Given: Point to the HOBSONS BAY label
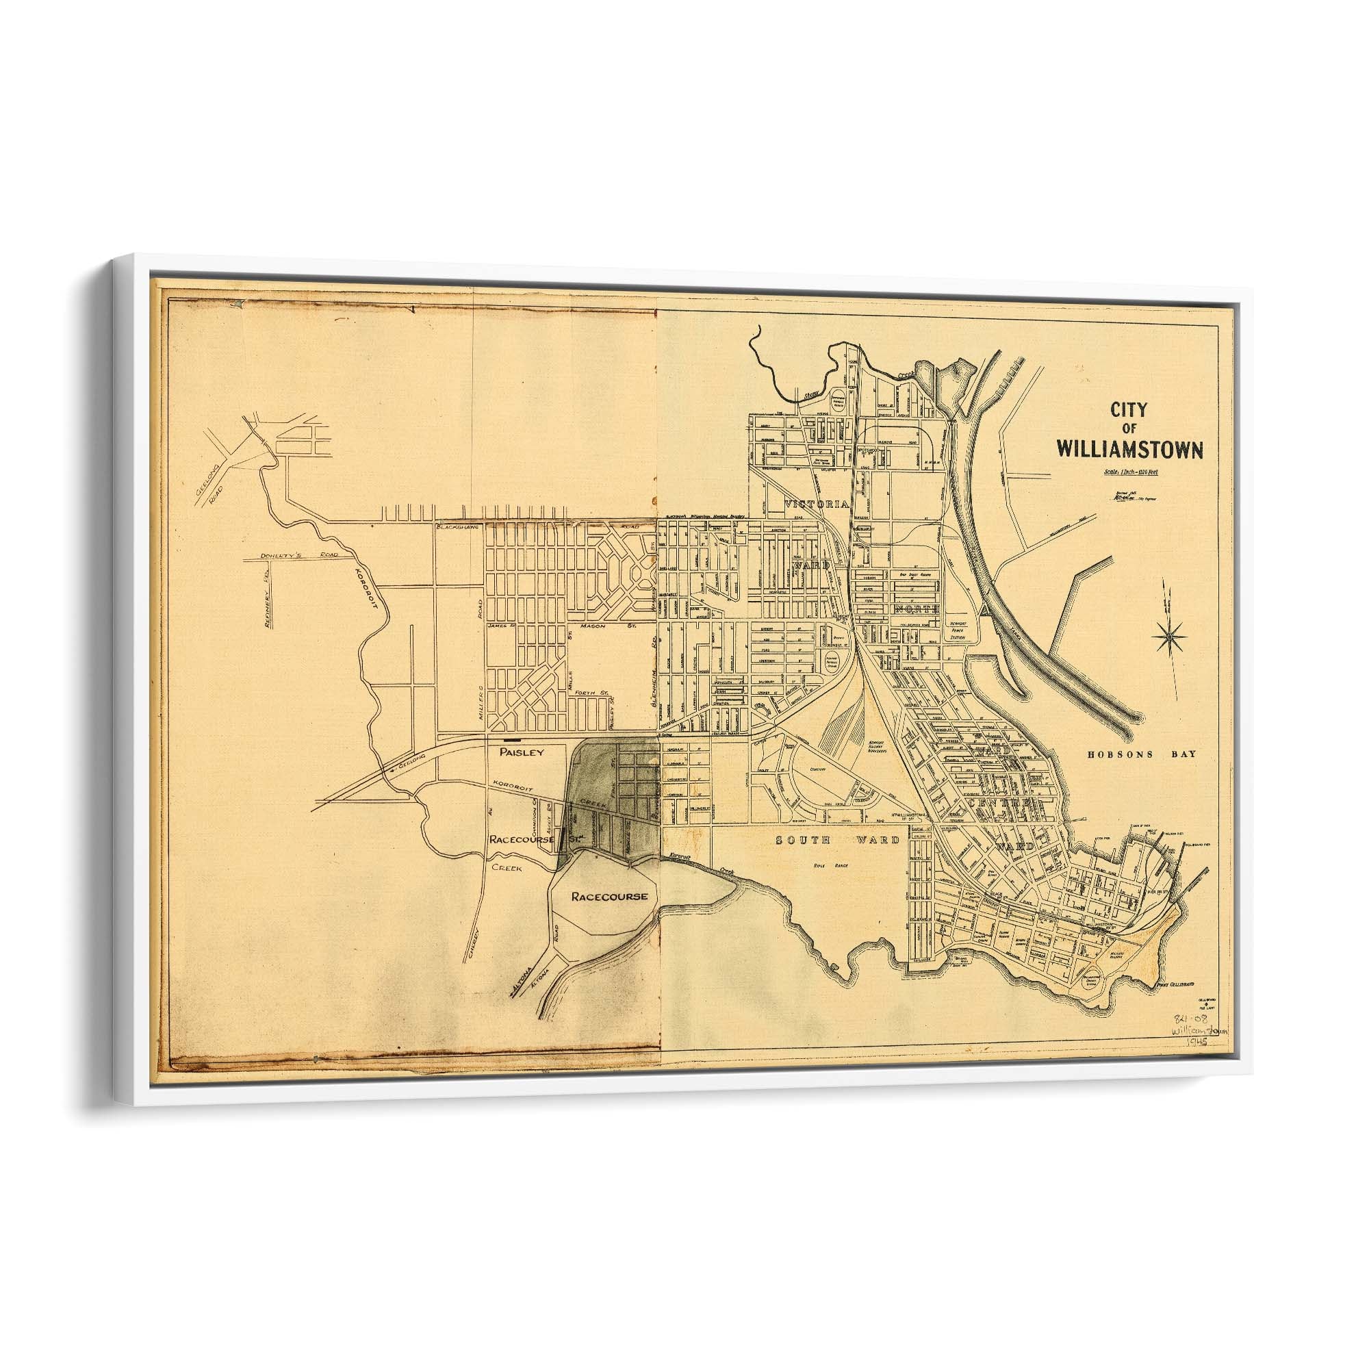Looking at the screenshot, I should click(1142, 754).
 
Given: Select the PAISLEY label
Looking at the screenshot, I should click(521, 752).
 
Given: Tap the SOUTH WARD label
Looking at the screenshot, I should click(837, 841).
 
